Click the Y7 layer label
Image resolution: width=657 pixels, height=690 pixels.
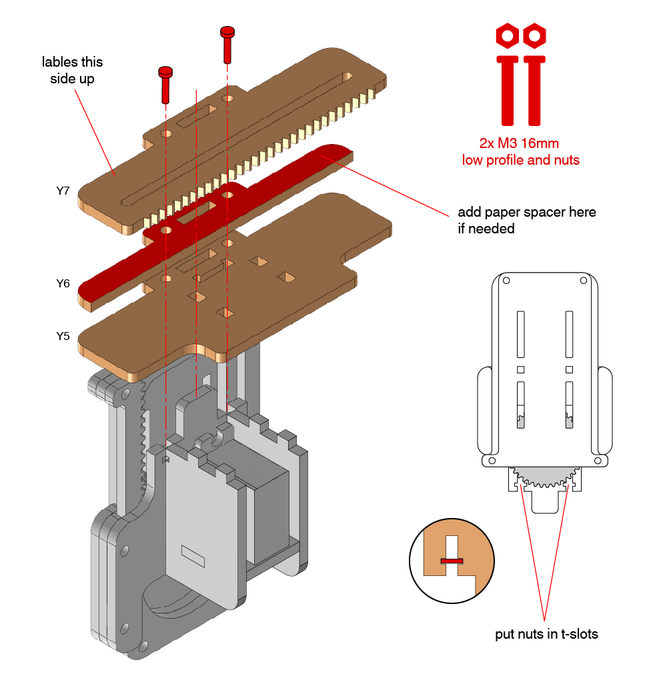pos(63,191)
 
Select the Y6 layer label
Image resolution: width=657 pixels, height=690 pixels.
pos(63,283)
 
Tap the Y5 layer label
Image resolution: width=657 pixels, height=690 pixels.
pos(63,336)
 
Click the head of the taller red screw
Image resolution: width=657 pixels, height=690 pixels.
pos(227,31)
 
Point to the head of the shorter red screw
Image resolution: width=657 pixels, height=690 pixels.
pos(165,71)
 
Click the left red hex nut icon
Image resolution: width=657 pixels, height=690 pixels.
pos(508,36)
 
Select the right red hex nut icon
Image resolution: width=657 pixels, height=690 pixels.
pos(534,36)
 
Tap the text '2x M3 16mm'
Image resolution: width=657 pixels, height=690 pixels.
pos(520,143)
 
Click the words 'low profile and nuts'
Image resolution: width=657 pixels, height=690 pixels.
pos(520,160)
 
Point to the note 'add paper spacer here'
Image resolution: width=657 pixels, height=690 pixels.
pos(526,213)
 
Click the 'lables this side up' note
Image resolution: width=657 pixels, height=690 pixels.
pos(72,70)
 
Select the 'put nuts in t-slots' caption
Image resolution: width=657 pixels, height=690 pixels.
pos(546,634)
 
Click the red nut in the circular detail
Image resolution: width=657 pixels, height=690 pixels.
pos(452,561)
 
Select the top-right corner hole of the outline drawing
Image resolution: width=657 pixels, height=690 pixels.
pos(584,280)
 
